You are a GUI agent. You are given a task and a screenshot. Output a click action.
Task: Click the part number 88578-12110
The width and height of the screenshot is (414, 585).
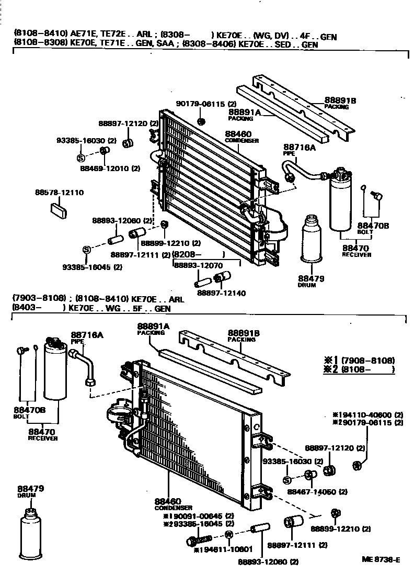coord(59,193)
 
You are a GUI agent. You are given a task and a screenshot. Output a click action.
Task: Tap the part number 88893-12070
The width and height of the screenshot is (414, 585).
coord(198,266)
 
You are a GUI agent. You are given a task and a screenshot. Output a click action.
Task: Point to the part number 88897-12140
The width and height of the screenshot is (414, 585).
coord(221,294)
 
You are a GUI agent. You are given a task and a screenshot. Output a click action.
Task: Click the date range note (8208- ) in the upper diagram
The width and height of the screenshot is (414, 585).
coord(198,254)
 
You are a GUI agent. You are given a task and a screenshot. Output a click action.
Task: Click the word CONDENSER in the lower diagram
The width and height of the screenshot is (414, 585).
coord(174,508)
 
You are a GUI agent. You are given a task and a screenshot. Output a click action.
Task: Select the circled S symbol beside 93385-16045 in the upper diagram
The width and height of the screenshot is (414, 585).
coord(86,249)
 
